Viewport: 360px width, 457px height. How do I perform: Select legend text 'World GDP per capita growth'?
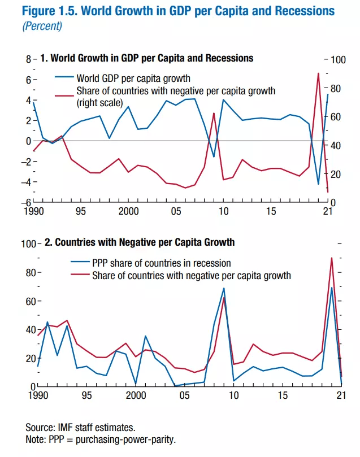point(133,78)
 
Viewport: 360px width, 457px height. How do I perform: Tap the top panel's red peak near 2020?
point(318,73)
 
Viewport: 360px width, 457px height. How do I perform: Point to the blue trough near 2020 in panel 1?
point(318,184)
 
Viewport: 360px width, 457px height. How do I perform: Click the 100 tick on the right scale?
point(337,60)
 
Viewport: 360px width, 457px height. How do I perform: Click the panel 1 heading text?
point(147,58)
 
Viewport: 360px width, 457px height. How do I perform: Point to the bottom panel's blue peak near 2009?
point(224,288)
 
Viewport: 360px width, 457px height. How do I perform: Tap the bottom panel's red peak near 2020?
point(332,258)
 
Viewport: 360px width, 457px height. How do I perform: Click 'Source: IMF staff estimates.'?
point(81,428)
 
